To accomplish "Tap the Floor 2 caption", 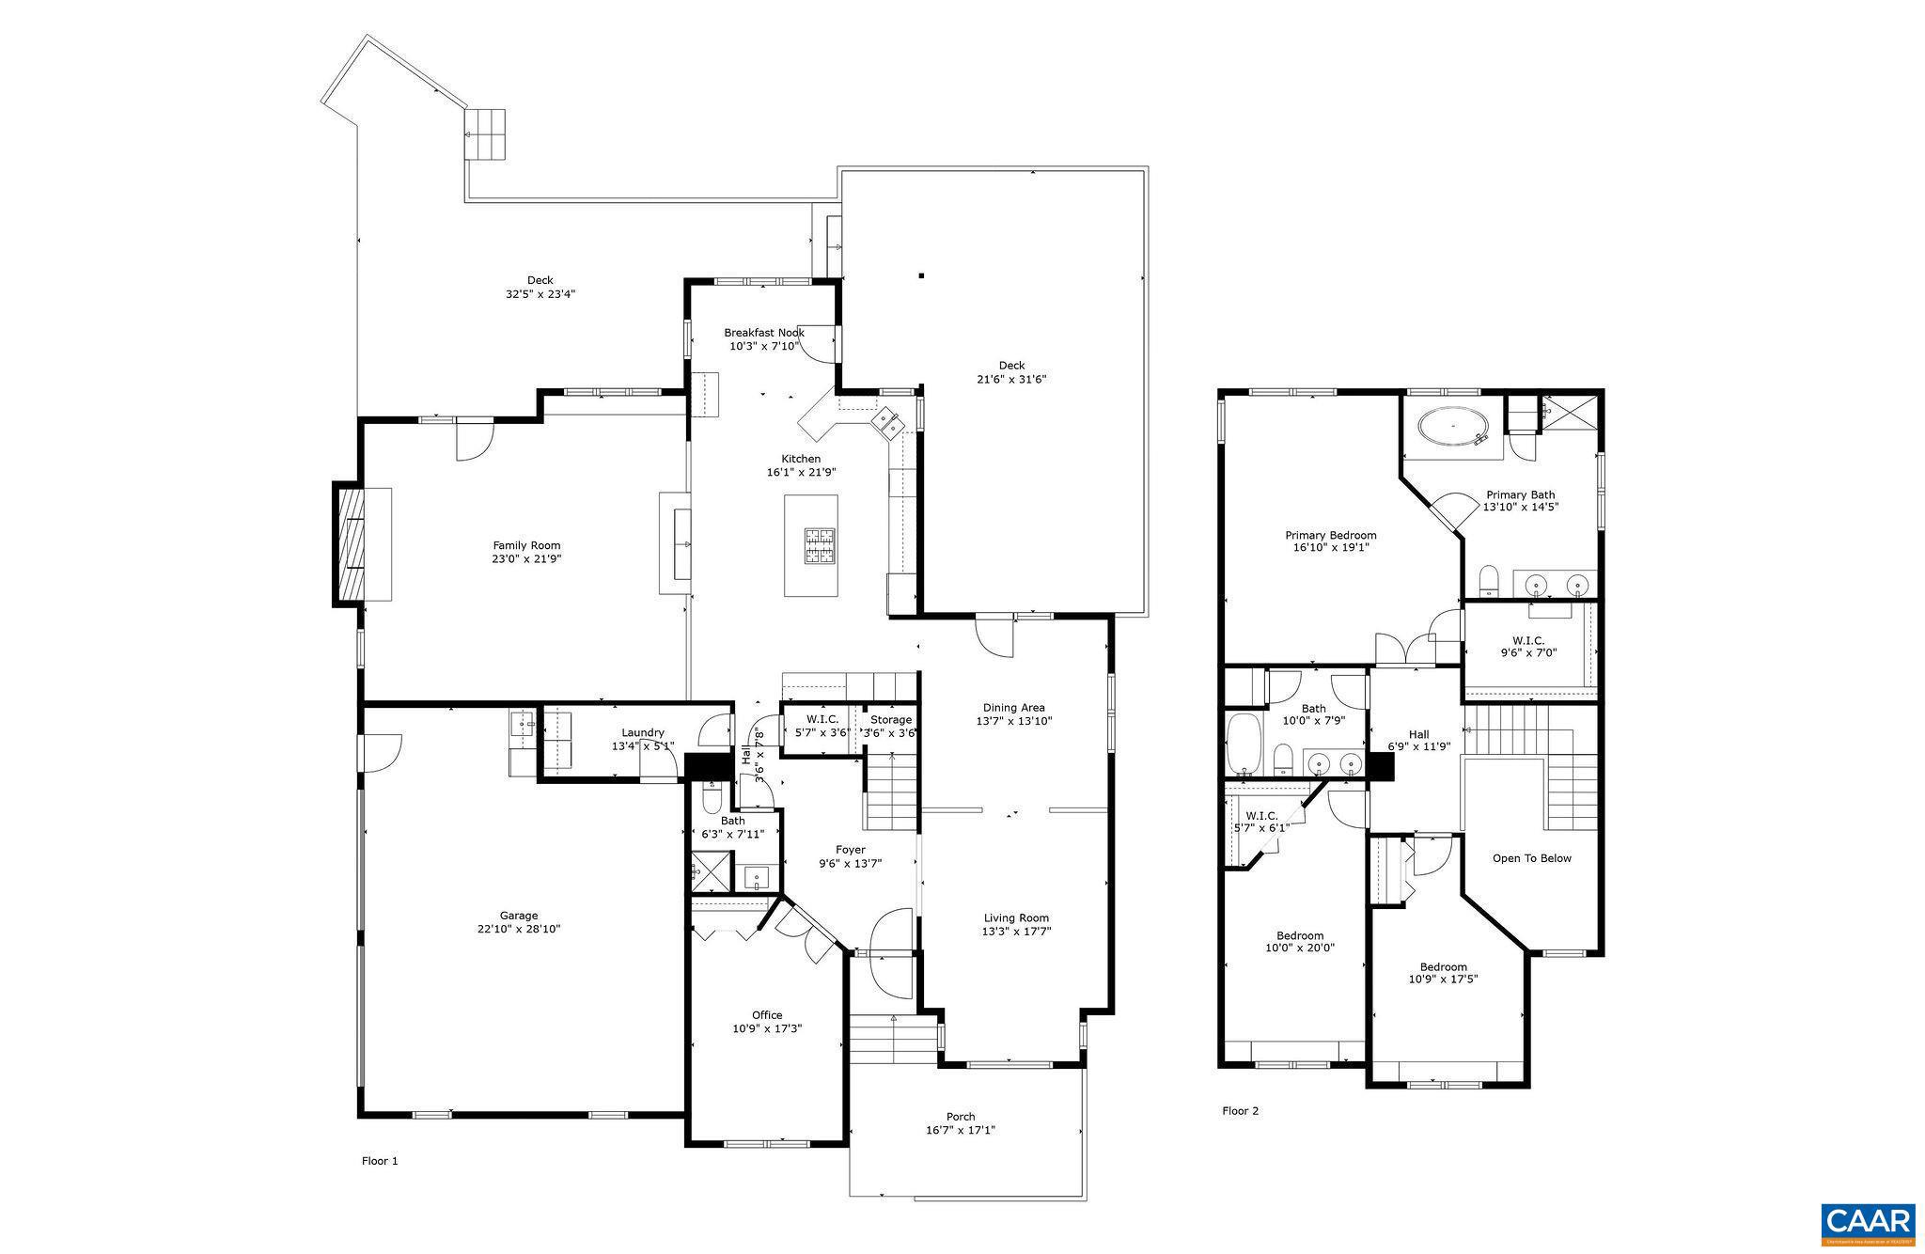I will pyautogui.click(x=1240, y=1111).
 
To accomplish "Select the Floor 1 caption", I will pyautogui.click(x=380, y=1161).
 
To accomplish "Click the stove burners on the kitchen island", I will pyautogui.click(x=819, y=545).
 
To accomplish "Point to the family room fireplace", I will pyautogui.click(x=348, y=544).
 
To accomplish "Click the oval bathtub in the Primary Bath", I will pyautogui.click(x=1453, y=427).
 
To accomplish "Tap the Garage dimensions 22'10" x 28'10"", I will pyautogui.click(x=519, y=929).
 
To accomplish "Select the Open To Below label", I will pyautogui.click(x=1531, y=858).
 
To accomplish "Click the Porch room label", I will pyautogui.click(x=961, y=1117).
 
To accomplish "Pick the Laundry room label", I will pyautogui.click(x=643, y=733).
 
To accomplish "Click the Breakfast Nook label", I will pyautogui.click(x=763, y=333).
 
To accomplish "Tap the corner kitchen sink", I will pyautogui.click(x=886, y=422).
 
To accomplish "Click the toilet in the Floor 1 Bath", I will pyautogui.click(x=712, y=798).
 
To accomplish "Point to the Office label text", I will pyautogui.click(x=767, y=1015).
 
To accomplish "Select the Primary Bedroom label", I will pyautogui.click(x=1331, y=536).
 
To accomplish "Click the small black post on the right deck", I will pyautogui.click(x=922, y=275).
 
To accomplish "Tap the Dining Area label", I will pyautogui.click(x=1013, y=708).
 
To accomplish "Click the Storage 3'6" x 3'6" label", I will pyautogui.click(x=890, y=727).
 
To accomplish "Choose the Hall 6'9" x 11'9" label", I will pyautogui.click(x=1418, y=741).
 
